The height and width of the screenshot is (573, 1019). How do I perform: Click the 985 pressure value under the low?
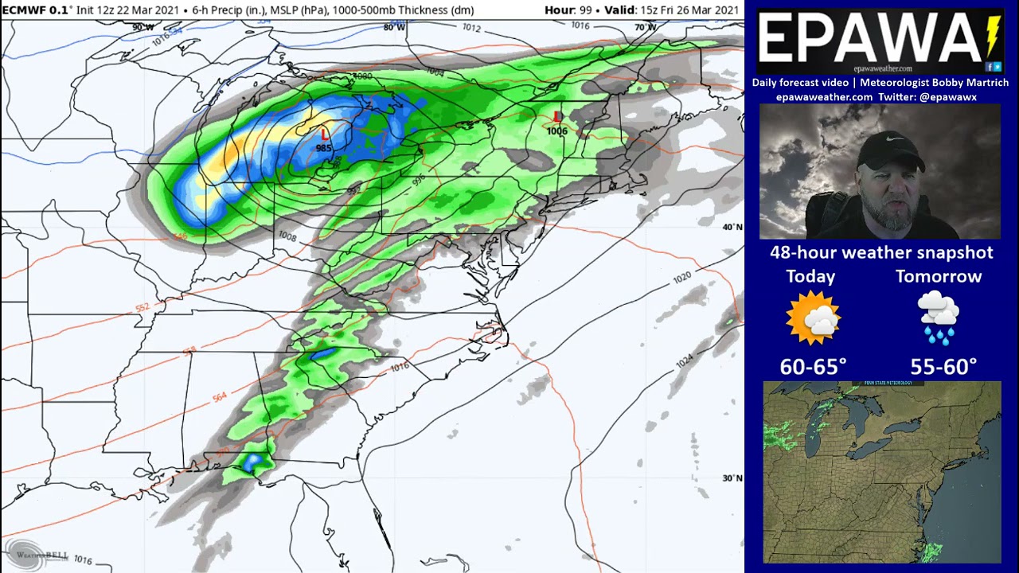click(323, 148)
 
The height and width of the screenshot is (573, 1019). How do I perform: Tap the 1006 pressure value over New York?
click(557, 131)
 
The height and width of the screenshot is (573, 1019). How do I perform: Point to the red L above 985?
click(325, 134)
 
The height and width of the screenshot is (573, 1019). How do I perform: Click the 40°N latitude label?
click(732, 228)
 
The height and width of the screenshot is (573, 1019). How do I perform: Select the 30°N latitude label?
click(732, 478)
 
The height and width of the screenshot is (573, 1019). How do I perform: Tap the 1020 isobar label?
click(682, 278)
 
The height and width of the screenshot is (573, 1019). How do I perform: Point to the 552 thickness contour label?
click(143, 308)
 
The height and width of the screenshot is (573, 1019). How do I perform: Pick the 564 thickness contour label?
click(220, 396)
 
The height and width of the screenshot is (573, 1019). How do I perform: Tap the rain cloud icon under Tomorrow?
click(939, 318)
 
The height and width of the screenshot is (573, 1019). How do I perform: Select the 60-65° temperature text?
click(813, 367)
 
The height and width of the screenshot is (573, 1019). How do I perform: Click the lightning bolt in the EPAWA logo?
click(992, 36)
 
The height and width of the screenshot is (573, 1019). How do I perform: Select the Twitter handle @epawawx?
click(947, 97)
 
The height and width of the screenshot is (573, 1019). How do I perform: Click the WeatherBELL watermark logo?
click(36, 553)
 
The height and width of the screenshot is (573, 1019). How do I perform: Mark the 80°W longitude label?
click(393, 27)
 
